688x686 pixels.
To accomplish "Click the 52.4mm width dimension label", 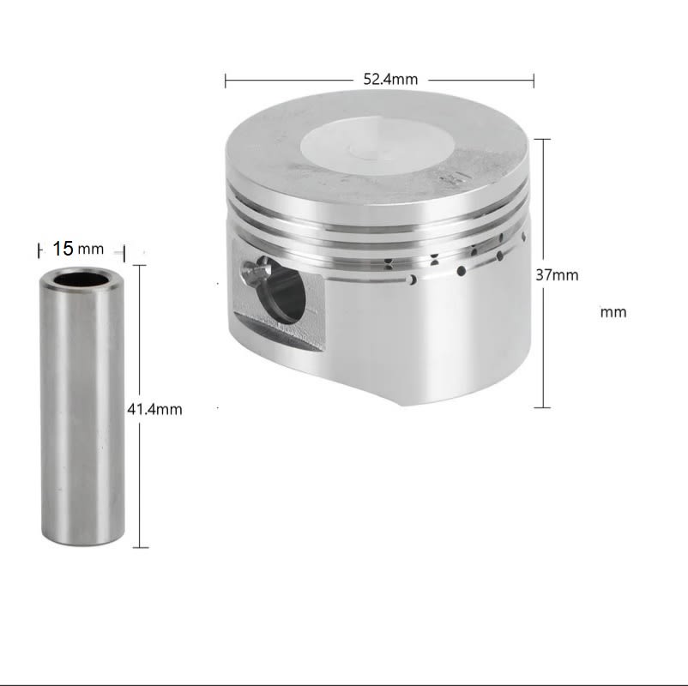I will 390,80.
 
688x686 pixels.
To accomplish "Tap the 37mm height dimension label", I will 557,275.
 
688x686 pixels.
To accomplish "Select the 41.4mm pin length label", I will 155,409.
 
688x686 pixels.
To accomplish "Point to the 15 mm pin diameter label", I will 77,250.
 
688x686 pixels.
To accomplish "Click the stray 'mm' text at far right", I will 613,312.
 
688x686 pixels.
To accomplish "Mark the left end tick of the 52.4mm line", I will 226,81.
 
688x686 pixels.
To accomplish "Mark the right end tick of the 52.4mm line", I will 534,81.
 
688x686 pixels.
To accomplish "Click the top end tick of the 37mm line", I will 541,139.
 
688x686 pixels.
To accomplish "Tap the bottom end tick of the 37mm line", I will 541,407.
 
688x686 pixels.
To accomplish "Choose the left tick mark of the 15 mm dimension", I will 39,250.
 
